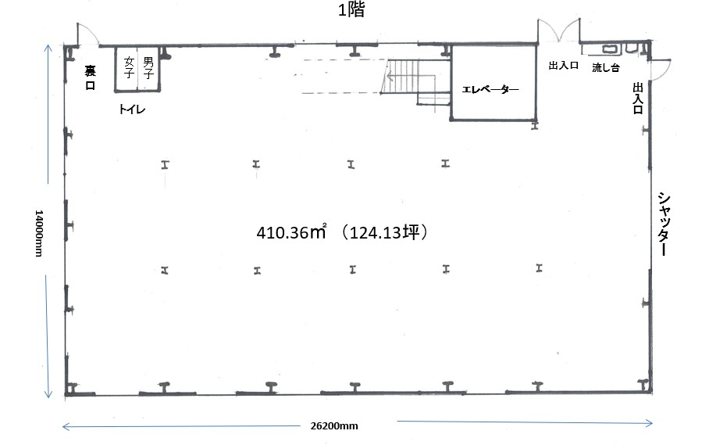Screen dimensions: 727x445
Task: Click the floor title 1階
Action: pos(351,9)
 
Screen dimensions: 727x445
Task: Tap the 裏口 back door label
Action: pos(90,77)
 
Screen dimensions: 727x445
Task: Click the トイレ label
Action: pos(132,109)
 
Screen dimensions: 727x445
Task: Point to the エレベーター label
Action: pos(490,89)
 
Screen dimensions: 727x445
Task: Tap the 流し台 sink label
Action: pos(605,68)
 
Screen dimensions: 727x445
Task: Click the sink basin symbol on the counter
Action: pos(609,48)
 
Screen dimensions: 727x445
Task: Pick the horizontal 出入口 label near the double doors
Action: pos(563,66)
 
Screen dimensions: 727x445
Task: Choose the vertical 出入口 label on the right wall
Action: pos(638,99)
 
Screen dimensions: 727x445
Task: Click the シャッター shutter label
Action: pos(664,224)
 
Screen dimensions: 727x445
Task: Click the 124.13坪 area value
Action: pos(384,231)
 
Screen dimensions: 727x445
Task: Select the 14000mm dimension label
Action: pos(39,233)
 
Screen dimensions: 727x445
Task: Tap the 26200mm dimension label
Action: pos(334,426)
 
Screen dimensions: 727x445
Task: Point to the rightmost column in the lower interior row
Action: pos(539,268)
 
